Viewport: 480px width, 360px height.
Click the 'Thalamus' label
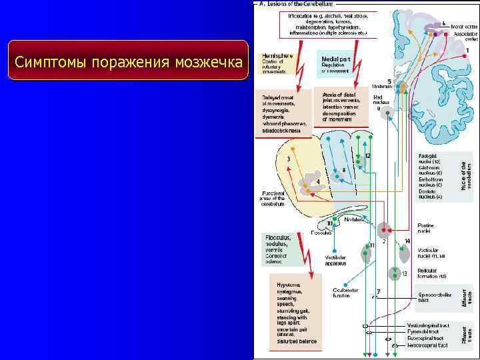click(381, 87)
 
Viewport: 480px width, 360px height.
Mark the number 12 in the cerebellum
click(367, 156)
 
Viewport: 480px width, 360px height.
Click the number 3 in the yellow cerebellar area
click(288, 159)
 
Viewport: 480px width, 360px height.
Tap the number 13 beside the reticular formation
click(405, 273)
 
